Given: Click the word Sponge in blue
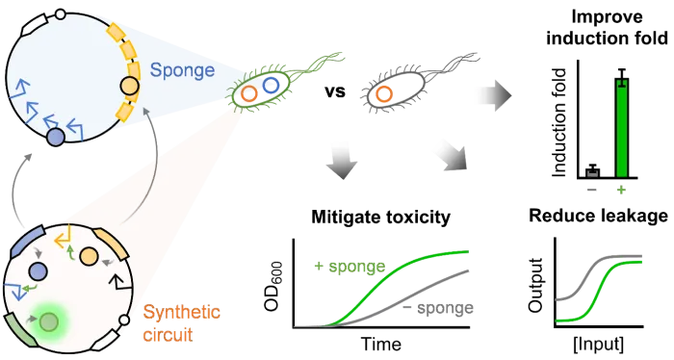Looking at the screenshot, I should point(182,70).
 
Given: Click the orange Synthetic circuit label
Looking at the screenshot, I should point(182,323).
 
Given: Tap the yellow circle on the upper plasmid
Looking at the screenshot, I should point(130,87).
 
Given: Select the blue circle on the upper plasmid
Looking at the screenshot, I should point(56,137).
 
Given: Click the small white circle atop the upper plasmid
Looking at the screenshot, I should point(61,14).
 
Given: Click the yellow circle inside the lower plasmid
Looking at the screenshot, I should point(89,256).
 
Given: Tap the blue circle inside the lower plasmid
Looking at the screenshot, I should point(39,271).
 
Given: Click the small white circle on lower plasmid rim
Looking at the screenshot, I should point(123,322).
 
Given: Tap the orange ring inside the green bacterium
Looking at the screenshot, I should point(249,93).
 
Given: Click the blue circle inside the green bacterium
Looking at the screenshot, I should point(271,85).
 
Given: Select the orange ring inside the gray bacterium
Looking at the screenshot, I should point(384,93).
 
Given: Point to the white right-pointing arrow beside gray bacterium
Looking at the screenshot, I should point(492,95).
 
